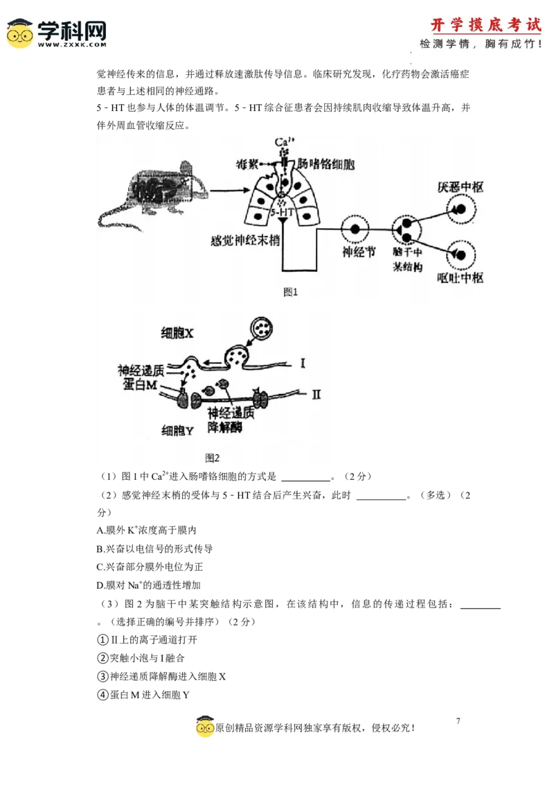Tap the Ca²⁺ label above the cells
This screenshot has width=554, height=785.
click(282, 142)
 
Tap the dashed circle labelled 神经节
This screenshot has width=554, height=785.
click(355, 229)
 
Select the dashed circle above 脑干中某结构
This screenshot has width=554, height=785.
click(406, 230)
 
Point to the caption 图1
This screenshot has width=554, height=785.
click(290, 292)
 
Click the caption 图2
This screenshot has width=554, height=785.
click(212, 458)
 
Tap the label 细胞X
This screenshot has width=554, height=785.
click(177, 334)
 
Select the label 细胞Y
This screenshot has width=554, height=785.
click(177, 431)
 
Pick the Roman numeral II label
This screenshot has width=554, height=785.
click(316, 395)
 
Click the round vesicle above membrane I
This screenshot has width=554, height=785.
click(261, 325)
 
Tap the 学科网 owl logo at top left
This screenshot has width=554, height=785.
click(20, 33)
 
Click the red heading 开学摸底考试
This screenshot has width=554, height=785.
click(485, 25)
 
